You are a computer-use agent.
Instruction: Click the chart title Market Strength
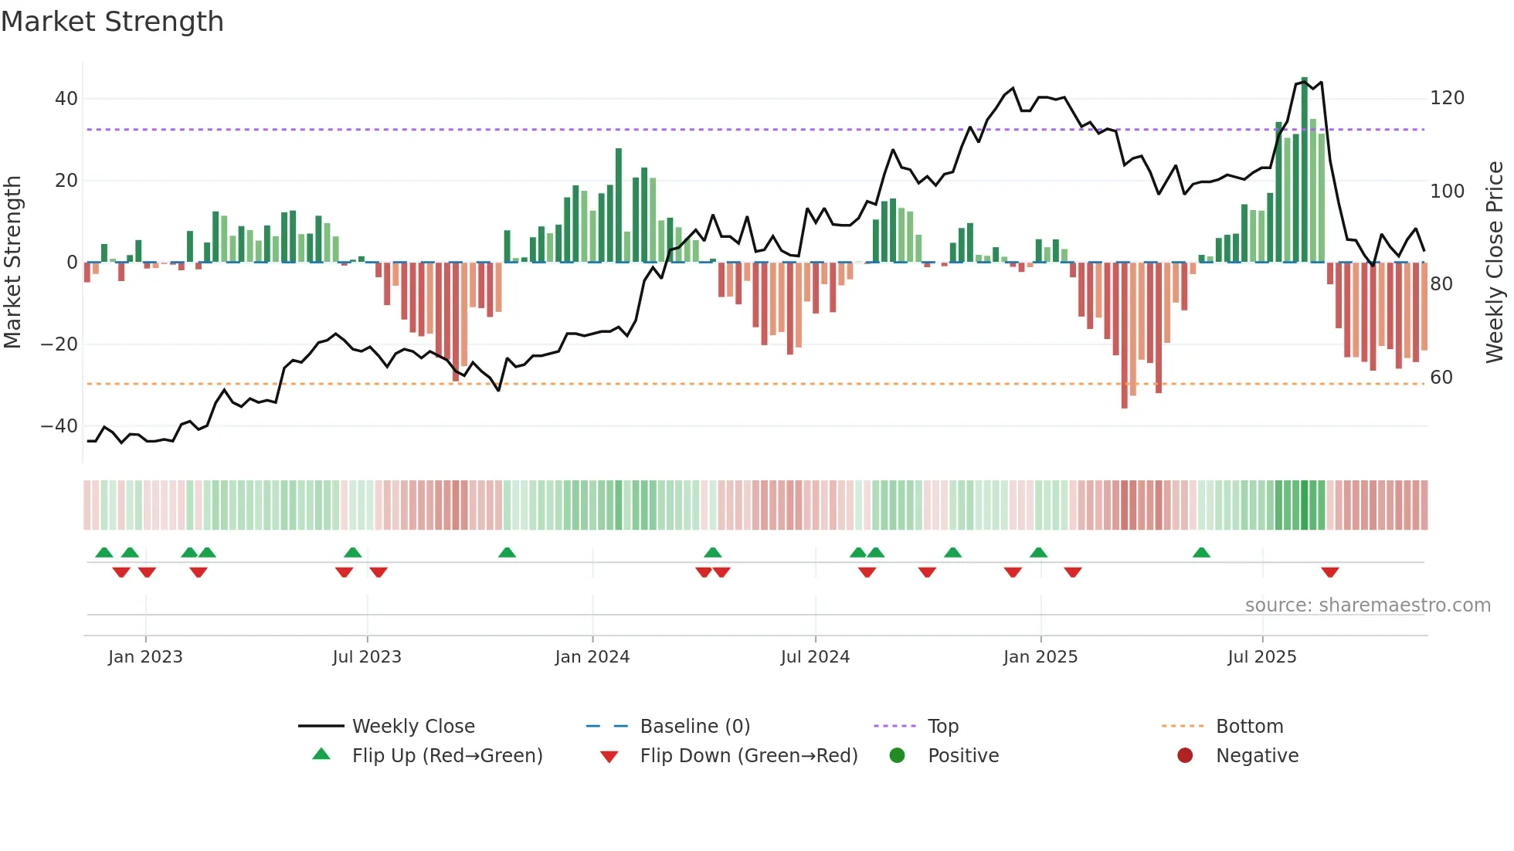point(112,22)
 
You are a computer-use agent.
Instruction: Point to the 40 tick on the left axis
point(66,99)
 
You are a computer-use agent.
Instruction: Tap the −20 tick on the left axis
point(59,344)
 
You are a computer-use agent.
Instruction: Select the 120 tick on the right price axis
point(1447,98)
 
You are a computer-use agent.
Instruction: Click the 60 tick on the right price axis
point(1441,378)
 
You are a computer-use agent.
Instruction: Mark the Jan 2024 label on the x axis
point(592,657)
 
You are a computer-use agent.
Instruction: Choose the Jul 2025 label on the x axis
point(1261,657)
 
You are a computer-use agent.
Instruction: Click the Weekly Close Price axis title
point(1495,263)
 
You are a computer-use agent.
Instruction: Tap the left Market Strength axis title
point(12,263)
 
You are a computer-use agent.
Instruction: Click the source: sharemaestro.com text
point(1367,605)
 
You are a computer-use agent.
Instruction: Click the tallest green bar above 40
point(1305,170)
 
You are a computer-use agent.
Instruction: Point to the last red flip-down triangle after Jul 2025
point(1329,572)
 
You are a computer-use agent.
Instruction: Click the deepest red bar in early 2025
point(1125,335)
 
